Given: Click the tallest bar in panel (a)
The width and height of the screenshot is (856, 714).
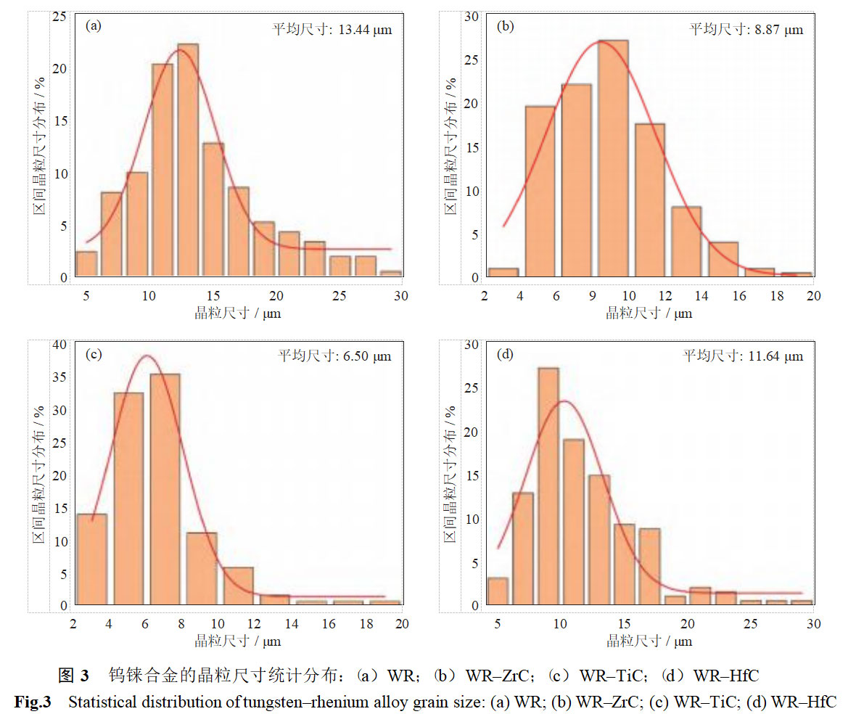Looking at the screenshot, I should click(188, 160).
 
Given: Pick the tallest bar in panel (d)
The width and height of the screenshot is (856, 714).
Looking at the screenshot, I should click(548, 486).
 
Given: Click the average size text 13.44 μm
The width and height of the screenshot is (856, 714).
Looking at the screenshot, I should click(332, 30).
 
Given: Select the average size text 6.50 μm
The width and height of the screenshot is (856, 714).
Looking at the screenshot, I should click(334, 356).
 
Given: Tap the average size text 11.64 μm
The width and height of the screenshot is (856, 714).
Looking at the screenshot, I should click(744, 356).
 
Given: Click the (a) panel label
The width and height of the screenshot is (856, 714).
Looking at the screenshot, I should click(94, 25).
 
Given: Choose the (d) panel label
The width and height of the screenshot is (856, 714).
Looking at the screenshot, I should click(505, 355).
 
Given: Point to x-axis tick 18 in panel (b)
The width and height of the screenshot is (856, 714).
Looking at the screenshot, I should click(777, 296).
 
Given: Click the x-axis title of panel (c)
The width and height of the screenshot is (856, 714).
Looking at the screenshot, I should click(237, 641).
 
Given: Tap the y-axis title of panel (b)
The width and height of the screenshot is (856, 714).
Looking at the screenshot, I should click(451, 145).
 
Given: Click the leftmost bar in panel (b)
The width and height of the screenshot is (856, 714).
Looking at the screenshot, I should click(503, 273).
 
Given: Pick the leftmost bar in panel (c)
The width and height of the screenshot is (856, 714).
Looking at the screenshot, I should click(91, 559).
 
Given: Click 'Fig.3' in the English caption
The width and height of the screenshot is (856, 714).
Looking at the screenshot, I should click(33, 702).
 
